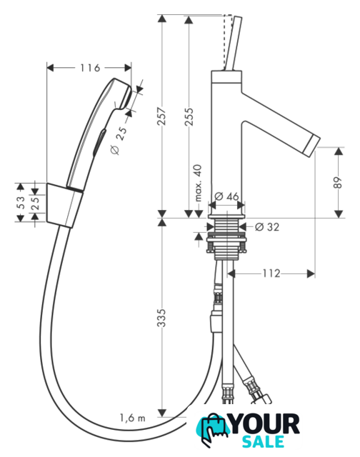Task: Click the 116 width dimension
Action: click(90, 68)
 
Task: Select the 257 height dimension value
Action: click(161, 116)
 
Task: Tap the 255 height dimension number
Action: click(189, 117)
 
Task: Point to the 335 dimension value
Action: click(161, 318)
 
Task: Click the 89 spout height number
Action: click(338, 183)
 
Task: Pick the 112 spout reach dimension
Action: click(271, 273)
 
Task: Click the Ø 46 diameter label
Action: click(226, 196)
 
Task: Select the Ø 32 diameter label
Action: click(267, 227)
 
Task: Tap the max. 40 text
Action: click(198, 183)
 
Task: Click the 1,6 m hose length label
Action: click(132, 418)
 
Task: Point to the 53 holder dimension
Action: click(21, 202)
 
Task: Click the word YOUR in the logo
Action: click(265, 424)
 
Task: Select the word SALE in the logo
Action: click(264, 441)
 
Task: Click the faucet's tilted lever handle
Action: click(234, 43)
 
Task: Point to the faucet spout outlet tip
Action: click(312, 144)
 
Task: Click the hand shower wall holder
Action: click(65, 206)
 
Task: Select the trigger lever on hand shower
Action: click(99, 142)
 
